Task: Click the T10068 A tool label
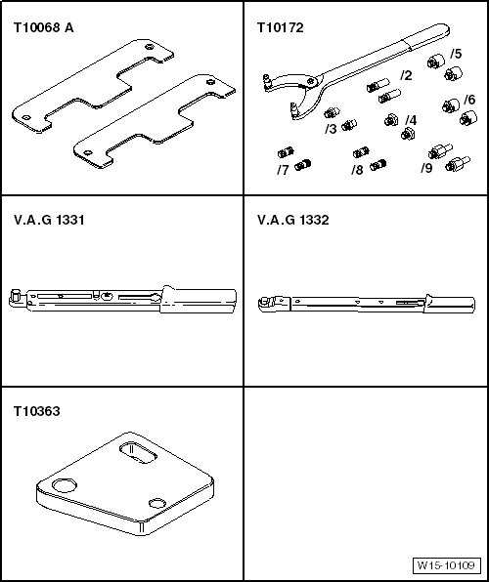[43, 28]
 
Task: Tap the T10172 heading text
[281, 28]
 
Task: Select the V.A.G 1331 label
[49, 220]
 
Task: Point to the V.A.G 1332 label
[293, 220]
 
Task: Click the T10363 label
[36, 411]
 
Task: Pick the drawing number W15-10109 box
[447, 565]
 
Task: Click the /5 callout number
[456, 54]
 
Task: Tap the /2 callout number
[407, 75]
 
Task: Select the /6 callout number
[469, 100]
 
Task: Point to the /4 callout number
[411, 120]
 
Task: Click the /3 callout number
[331, 129]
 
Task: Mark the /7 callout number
[283, 170]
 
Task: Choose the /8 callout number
[357, 170]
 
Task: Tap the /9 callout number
[427, 168]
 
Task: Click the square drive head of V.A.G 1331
[17, 295]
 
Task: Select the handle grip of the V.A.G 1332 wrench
[450, 305]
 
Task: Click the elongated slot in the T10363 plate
[138, 452]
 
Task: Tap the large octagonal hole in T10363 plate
[65, 485]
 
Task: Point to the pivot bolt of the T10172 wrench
[310, 81]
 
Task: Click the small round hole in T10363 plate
[157, 503]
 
